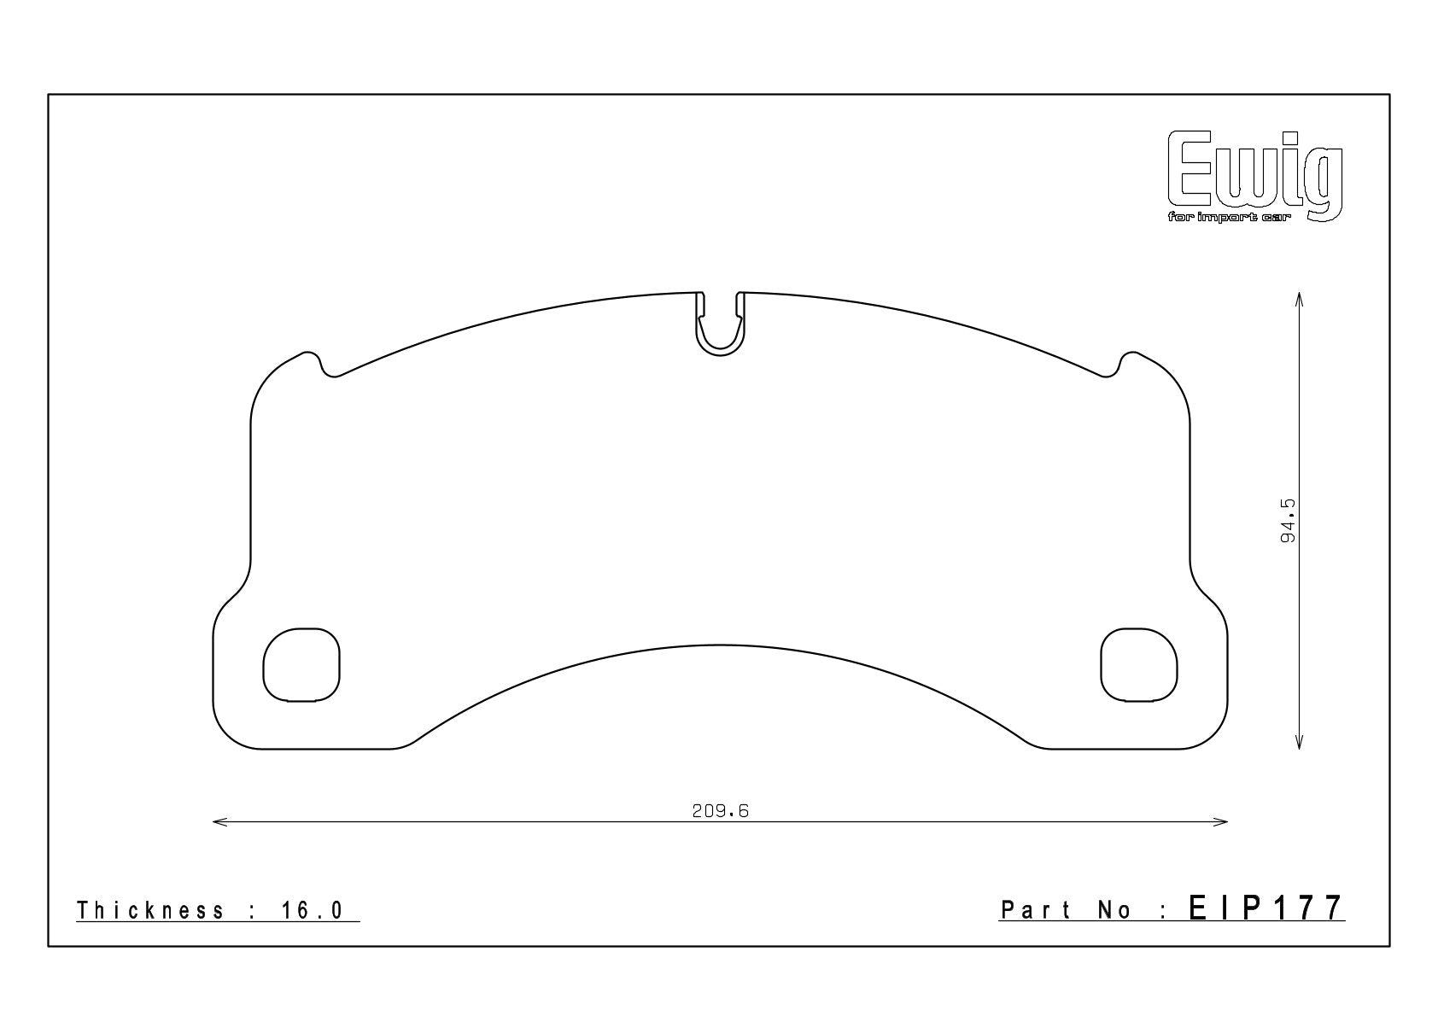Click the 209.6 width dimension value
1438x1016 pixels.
(721, 811)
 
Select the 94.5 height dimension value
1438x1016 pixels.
(1288, 521)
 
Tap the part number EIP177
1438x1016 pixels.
(1266, 908)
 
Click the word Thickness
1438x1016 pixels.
(150, 910)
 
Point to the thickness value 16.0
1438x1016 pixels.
(313, 910)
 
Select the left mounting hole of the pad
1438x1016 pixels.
(301, 664)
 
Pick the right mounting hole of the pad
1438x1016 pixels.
(1139, 664)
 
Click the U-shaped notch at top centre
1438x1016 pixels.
(720, 352)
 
